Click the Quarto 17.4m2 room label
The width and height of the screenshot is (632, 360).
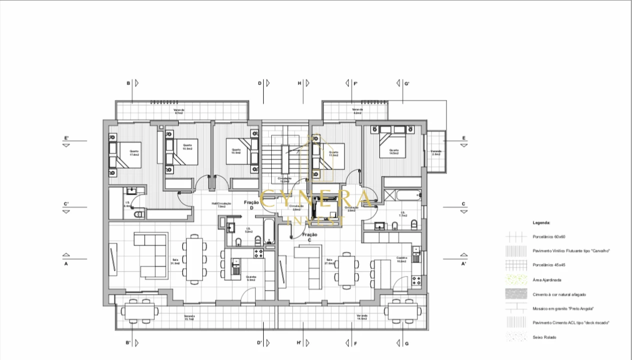coord(134,153)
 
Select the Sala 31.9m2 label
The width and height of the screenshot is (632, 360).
coord(175,261)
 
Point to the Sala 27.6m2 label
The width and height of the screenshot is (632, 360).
coord(329,261)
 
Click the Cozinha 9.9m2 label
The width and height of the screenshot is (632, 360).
coord(251,278)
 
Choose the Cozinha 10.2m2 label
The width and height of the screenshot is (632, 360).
coord(401,260)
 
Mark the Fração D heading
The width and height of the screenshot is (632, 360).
coord(252,204)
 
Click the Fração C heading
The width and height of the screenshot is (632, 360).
coord(310,237)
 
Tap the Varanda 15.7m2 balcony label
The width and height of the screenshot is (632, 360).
coord(189,318)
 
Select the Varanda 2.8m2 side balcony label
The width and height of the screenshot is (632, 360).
coord(436,152)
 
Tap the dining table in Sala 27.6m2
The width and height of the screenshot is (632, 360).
coord(345,270)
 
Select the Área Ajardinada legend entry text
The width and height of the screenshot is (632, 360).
coord(547,280)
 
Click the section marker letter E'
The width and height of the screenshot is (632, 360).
coord(67,138)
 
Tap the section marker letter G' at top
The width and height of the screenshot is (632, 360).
coord(407,83)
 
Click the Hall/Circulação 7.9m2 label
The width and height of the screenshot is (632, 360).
coord(221,204)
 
